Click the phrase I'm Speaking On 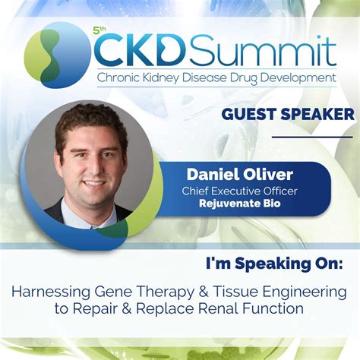[x=274, y=264]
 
